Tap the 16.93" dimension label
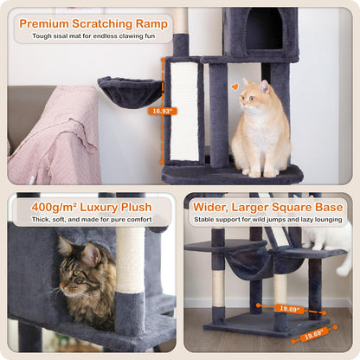coord(161,110)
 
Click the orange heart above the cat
coord(235,87)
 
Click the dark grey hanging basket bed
coord(131,91)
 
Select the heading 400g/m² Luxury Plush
coord(93,208)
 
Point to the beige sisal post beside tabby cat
coord(131,260)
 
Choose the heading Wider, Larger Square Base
coord(268,208)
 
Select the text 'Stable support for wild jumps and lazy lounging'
coord(268,221)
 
